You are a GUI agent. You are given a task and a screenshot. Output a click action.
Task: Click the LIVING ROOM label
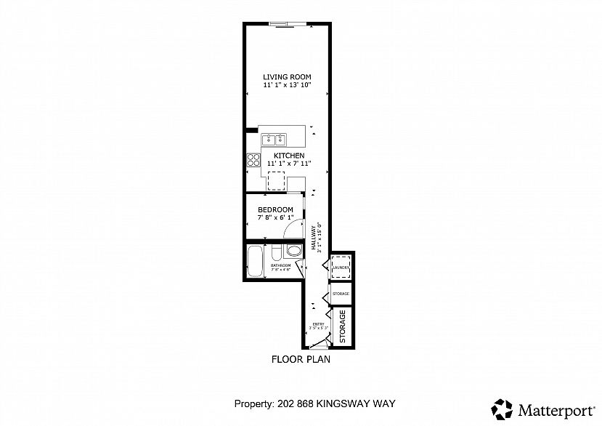tap(287, 77)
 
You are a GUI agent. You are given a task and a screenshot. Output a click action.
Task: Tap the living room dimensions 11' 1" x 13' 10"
tap(287, 86)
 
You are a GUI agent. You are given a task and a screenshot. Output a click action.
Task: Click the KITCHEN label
tap(288, 156)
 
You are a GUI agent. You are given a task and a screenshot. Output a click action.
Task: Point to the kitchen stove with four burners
tap(253, 160)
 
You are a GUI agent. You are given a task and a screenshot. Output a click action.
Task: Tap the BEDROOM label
tap(275, 209)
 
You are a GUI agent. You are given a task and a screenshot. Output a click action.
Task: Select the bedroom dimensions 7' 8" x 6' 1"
tap(275, 217)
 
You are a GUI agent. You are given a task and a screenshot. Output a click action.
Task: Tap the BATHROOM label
tap(281, 266)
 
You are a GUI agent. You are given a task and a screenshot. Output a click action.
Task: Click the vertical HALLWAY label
tap(314, 237)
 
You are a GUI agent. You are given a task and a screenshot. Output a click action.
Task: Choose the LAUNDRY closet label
tap(341, 268)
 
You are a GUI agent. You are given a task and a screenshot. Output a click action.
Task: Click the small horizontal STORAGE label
tap(341, 294)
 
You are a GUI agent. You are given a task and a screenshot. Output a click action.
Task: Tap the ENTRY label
tap(318, 324)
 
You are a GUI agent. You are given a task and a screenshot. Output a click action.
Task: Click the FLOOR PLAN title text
tap(301, 358)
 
